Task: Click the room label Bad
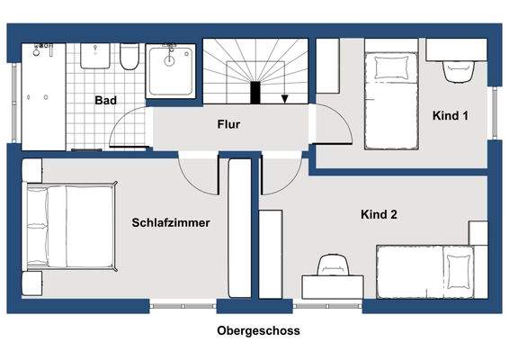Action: tap(106, 100)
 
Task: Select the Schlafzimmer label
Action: tap(171, 222)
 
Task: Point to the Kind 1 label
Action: tap(451, 116)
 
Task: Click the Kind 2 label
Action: tap(379, 214)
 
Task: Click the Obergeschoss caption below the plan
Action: tap(258, 331)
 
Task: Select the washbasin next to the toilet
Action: tap(94, 57)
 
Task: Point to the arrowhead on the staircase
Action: tap(285, 100)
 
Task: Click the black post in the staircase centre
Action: tap(255, 93)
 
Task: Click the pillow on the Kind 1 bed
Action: tap(390, 66)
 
